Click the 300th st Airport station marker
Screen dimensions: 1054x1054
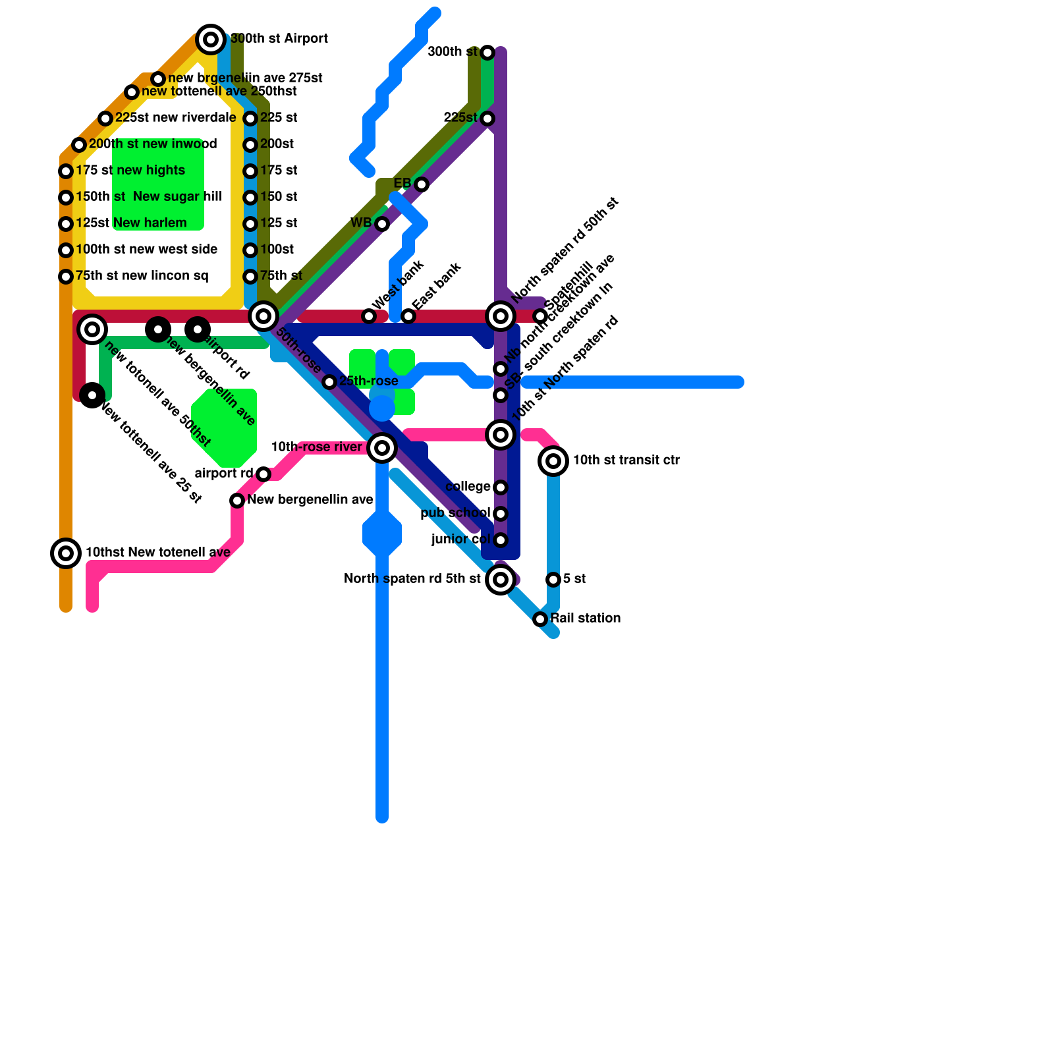(x=211, y=40)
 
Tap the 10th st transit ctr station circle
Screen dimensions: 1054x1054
(x=553, y=461)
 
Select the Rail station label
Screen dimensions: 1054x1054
(x=585, y=619)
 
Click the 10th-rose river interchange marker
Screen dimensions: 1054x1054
(x=382, y=448)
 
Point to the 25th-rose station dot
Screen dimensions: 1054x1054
(x=329, y=382)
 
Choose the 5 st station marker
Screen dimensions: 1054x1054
(x=553, y=580)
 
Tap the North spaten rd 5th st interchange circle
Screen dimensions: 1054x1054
(x=501, y=580)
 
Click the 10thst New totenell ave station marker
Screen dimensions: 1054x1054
(x=66, y=553)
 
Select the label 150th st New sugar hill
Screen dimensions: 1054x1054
(x=149, y=197)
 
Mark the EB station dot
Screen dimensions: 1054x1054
(x=422, y=184)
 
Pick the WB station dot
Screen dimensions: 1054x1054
(x=382, y=224)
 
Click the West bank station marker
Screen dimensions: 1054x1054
(x=369, y=316)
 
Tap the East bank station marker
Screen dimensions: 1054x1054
(x=408, y=316)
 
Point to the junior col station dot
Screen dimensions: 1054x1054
(x=501, y=540)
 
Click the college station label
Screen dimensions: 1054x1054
(x=468, y=487)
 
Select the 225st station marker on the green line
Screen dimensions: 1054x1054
(x=487, y=119)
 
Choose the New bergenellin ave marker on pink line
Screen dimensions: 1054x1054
(x=237, y=501)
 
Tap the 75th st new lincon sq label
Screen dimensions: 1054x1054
(x=142, y=276)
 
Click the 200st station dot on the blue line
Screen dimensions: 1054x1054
(x=250, y=145)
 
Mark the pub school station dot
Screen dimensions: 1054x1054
(x=501, y=514)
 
